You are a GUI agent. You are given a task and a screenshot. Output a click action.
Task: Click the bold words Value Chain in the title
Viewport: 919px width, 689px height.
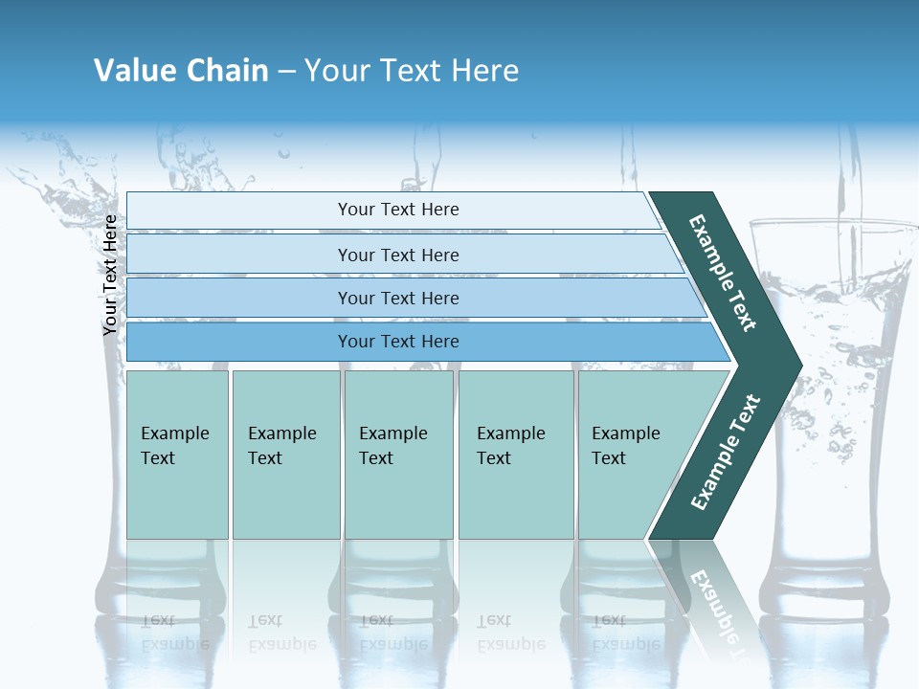tap(181, 71)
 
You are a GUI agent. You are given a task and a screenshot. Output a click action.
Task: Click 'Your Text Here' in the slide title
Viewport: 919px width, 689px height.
tap(412, 71)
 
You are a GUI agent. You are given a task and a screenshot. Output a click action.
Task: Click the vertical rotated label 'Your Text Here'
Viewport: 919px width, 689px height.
tap(111, 275)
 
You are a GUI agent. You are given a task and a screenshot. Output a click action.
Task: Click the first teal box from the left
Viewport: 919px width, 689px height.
tap(177, 455)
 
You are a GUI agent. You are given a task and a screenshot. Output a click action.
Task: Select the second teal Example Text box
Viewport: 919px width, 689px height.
tap(285, 455)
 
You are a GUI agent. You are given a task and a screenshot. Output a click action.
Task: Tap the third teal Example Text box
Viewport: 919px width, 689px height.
tap(398, 455)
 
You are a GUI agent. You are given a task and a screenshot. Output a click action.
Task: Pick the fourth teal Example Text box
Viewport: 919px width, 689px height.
tap(516, 455)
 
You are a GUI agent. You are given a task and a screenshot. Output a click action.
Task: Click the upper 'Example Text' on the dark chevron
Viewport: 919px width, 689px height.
tap(724, 273)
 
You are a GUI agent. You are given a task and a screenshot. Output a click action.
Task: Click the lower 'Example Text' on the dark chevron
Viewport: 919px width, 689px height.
tap(726, 452)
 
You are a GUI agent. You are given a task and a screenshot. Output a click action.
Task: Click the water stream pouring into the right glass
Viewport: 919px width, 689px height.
tap(846, 182)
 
